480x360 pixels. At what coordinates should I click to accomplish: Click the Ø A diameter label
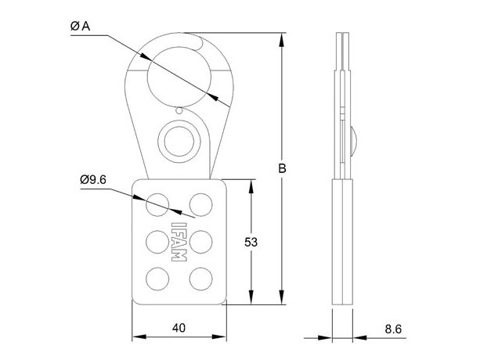pos(80,26)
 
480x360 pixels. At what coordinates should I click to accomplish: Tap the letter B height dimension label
pos(282,168)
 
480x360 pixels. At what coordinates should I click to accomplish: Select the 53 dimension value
pos(251,243)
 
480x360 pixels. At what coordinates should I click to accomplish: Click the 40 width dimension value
pos(179,328)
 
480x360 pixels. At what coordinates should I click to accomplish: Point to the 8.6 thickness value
pos(393,329)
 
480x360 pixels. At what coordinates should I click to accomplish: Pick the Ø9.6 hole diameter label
pos(93,179)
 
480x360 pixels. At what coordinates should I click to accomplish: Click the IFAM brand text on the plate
pos(179,242)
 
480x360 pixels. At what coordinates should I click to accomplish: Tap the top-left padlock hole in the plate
pos(157,204)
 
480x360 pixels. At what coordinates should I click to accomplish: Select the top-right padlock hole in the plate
pos(200,204)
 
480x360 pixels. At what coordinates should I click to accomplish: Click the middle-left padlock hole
pos(157,242)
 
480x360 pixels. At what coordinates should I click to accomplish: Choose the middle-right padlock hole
pos(200,242)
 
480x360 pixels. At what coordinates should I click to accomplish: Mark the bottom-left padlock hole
pos(157,279)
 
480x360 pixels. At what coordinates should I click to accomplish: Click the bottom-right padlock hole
pos(200,279)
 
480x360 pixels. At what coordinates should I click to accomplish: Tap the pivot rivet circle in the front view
pos(179,142)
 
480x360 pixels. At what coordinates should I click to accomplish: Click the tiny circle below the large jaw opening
pos(179,110)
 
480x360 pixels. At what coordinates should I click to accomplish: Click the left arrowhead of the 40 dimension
pos(139,337)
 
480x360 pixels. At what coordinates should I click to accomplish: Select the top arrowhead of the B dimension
pos(282,40)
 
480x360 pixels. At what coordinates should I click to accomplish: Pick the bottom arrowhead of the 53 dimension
pos(251,297)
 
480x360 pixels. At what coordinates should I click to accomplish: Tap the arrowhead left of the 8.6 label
pos(325,338)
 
